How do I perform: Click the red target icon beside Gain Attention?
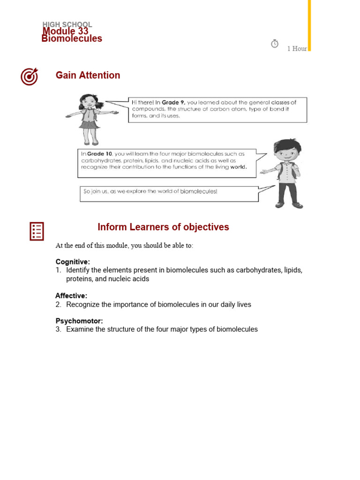(29, 76)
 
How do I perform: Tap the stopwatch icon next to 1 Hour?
(275, 44)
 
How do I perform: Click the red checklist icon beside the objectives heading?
(37, 231)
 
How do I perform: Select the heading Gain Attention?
(88, 75)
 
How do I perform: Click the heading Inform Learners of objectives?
(163, 227)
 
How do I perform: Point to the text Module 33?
(65, 31)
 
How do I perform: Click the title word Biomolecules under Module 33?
(72, 39)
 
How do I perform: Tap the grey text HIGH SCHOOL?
(67, 24)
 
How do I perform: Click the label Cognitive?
(73, 262)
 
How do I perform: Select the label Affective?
(71, 296)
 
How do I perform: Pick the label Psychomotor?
(79, 321)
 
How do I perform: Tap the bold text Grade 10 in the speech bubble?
(100, 153)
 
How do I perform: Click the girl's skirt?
(89, 124)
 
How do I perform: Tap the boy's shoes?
(288, 205)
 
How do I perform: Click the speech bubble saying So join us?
(169, 194)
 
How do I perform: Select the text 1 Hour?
(297, 49)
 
